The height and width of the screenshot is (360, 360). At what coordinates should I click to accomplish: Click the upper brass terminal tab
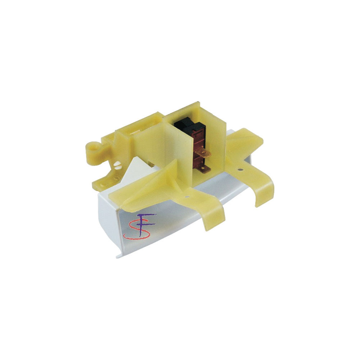[203, 153]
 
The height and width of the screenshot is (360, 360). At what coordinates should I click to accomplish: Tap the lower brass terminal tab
[204, 169]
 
